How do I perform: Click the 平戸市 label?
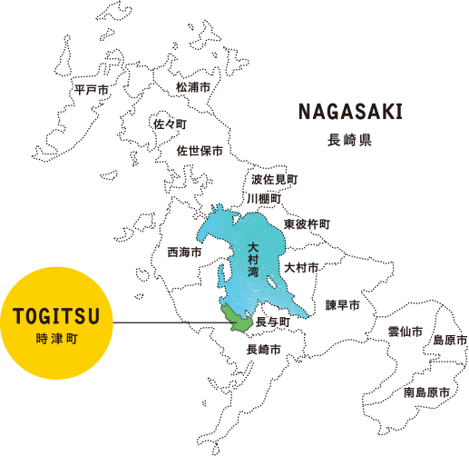92,90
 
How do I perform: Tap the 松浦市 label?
193,87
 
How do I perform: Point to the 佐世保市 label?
200,150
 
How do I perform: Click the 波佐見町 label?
275,180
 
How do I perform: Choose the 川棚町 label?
264,197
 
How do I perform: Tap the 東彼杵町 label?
307,223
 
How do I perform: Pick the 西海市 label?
185,252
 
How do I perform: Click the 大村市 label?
301,268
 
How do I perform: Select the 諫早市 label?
344,304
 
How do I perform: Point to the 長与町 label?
272,322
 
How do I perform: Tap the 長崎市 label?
263,349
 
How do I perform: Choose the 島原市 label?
450,340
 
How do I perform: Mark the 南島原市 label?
426,392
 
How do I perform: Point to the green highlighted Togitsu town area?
239,318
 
